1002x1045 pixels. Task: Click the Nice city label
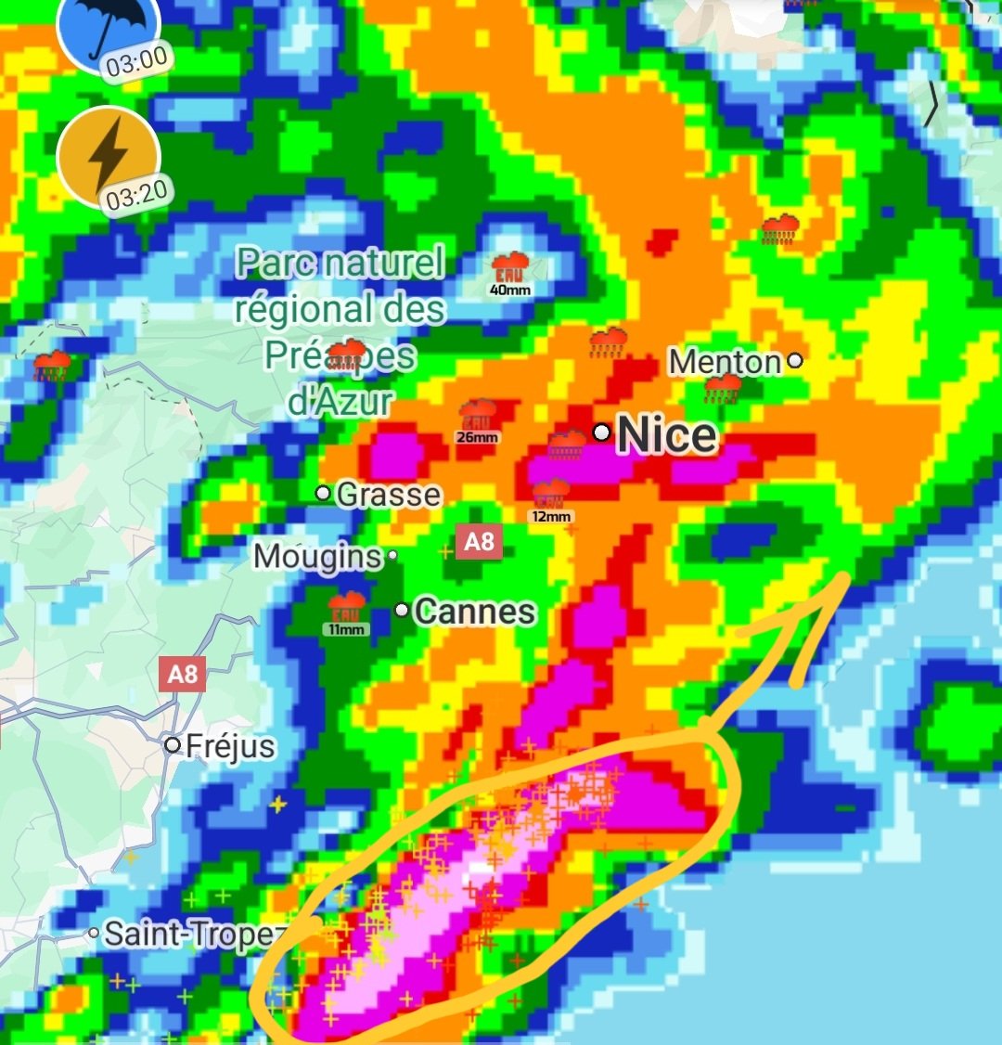click(667, 435)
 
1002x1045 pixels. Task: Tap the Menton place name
click(726, 362)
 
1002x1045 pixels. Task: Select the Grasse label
click(388, 495)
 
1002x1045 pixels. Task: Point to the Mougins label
click(318, 557)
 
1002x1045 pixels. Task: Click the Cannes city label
click(475, 612)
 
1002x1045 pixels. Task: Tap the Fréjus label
click(230, 746)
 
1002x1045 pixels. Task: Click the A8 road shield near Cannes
click(478, 541)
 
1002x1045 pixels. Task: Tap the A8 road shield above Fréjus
click(182, 673)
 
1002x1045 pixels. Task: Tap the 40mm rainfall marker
click(510, 273)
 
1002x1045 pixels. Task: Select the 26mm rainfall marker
click(479, 420)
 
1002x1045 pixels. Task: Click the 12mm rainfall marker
click(551, 499)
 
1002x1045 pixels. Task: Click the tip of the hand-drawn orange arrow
click(845, 577)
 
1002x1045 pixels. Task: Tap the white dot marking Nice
click(602, 432)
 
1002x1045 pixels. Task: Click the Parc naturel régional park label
click(340, 331)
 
